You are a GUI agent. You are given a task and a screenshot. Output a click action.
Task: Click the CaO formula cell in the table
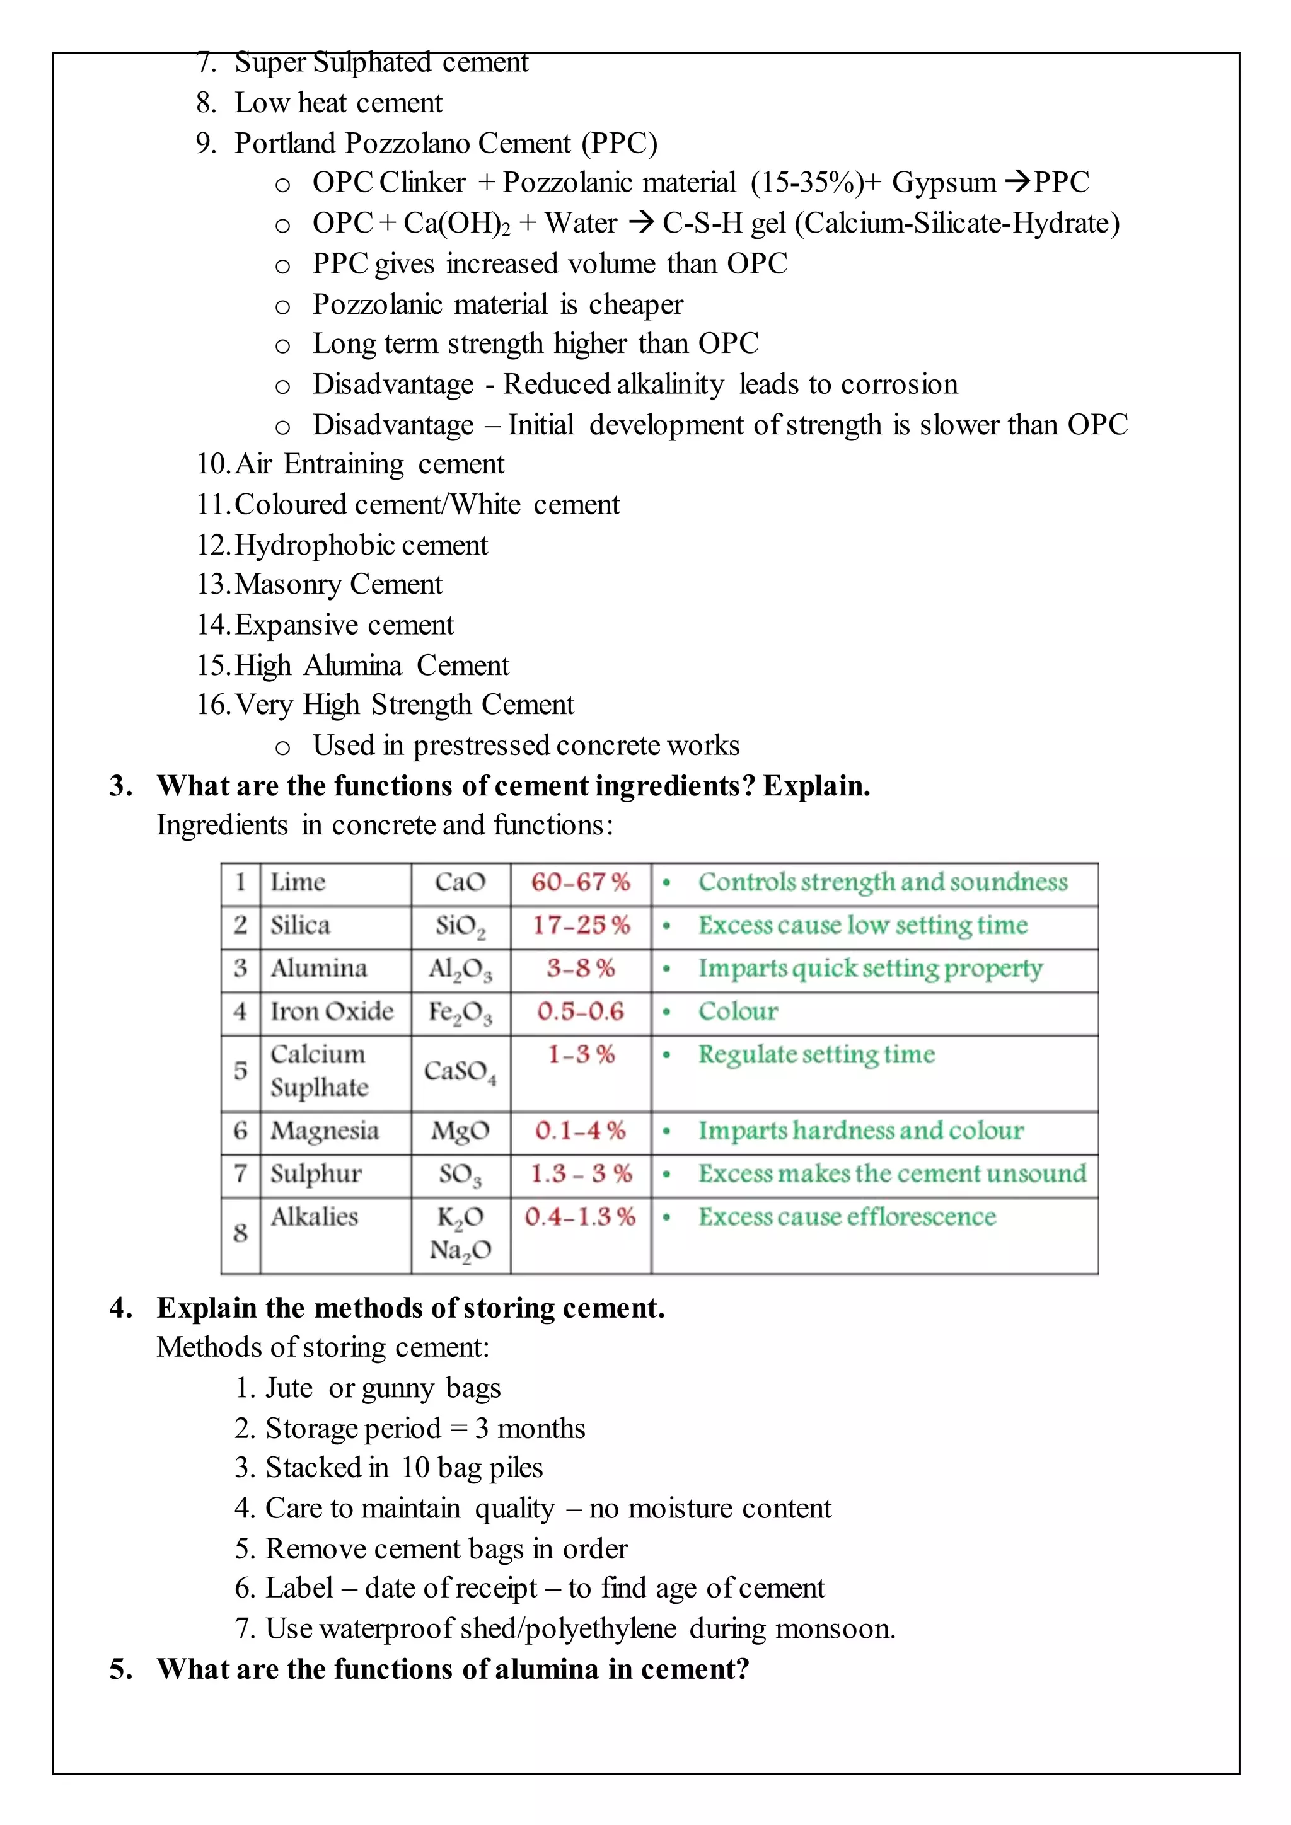coord(460,882)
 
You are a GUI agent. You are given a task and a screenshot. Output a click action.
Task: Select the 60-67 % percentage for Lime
coord(581,882)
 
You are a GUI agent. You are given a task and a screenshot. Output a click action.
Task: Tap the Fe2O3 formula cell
coord(460,1013)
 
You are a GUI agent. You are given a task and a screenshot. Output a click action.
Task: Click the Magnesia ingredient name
coord(325,1131)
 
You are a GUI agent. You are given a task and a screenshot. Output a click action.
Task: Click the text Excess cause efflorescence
coord(847,1217)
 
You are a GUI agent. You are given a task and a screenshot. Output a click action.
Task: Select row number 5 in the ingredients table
coord(240,1071)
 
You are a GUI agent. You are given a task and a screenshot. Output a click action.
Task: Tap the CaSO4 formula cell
coord(460,1071)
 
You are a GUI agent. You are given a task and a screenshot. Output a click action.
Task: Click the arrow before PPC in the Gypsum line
coord(1017,182)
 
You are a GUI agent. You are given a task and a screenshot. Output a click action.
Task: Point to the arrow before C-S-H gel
coord(640,222)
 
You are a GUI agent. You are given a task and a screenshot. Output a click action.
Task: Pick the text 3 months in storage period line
coord(530,1429)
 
